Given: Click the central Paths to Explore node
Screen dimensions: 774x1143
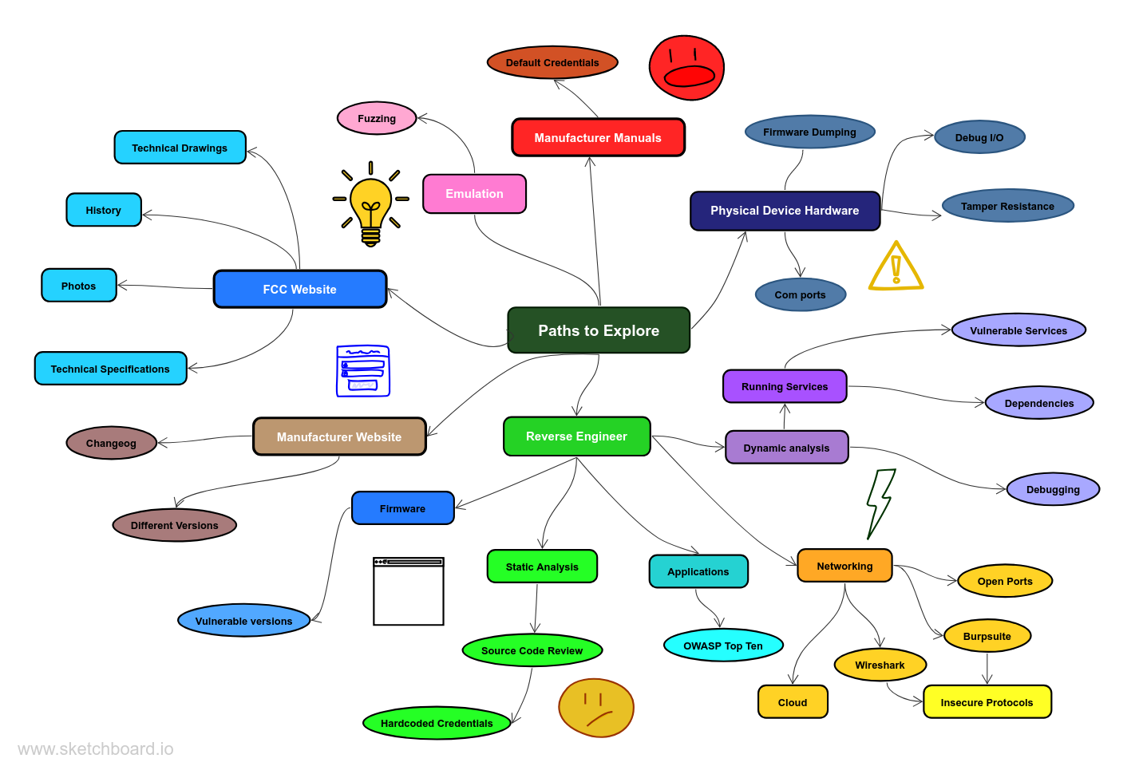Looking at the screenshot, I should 599,330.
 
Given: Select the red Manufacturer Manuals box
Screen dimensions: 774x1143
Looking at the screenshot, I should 598,137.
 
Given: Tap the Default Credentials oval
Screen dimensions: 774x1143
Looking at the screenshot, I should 552,62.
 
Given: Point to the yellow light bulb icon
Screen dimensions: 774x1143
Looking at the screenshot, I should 370,204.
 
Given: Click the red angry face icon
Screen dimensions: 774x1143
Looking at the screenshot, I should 686,68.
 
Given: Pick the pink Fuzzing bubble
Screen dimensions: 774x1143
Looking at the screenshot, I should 377,118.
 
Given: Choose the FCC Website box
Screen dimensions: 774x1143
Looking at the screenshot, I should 299,289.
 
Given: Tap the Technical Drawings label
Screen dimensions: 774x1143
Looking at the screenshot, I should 180,148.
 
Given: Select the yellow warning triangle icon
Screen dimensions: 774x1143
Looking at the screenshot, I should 896,267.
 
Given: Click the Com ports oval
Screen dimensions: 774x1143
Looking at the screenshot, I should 800,294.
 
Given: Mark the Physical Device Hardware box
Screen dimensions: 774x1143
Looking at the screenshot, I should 785,211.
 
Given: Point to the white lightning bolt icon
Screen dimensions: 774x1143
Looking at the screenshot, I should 880,503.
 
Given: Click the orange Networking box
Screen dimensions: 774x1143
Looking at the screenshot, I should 844,566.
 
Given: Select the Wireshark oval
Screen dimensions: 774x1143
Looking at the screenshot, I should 880,665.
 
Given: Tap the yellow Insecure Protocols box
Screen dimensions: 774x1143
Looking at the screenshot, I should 987,702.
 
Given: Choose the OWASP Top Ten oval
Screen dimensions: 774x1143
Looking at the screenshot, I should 723,646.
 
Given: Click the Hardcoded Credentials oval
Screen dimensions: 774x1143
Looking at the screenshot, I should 437,723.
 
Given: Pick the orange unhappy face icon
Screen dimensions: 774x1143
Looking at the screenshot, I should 595,708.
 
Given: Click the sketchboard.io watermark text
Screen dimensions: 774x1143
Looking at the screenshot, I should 96,748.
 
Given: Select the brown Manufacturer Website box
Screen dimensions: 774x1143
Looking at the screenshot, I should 339,436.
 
